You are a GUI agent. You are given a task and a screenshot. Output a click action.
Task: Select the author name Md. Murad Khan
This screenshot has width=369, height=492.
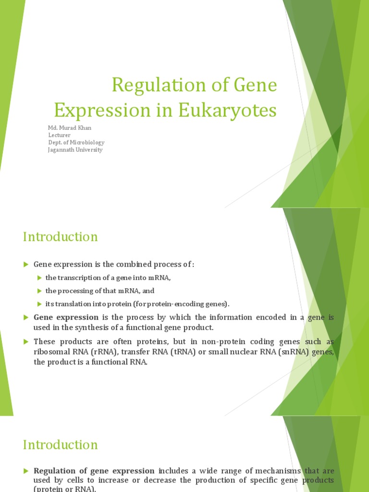(70, 128)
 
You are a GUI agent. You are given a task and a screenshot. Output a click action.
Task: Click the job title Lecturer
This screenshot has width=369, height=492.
(59, 135)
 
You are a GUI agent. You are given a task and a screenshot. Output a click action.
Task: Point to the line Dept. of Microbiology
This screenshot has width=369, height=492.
(76, 142)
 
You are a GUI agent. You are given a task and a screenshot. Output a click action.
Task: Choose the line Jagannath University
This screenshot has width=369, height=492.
(75, 149)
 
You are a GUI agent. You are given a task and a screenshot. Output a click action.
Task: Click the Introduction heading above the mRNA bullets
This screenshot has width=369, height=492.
(60, 237)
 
